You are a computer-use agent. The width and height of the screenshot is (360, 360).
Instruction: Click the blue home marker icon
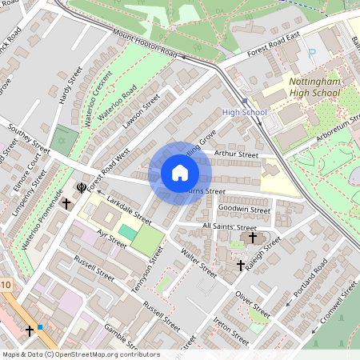coord(180,173)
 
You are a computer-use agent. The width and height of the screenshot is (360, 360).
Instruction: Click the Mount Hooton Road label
coord(144,44)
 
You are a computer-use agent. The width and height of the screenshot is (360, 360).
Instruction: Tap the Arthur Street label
coord(237,154)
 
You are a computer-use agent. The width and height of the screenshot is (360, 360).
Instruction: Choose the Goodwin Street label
coord(244,210)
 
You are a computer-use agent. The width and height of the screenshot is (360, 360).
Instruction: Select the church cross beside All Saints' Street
coord(254,238)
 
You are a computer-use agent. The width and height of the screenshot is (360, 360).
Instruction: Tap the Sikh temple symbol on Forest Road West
coord(81,188)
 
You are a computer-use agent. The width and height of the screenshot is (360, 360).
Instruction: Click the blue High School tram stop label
coord(244,112)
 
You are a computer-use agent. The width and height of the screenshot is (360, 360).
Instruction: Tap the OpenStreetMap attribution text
coord(80,354)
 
